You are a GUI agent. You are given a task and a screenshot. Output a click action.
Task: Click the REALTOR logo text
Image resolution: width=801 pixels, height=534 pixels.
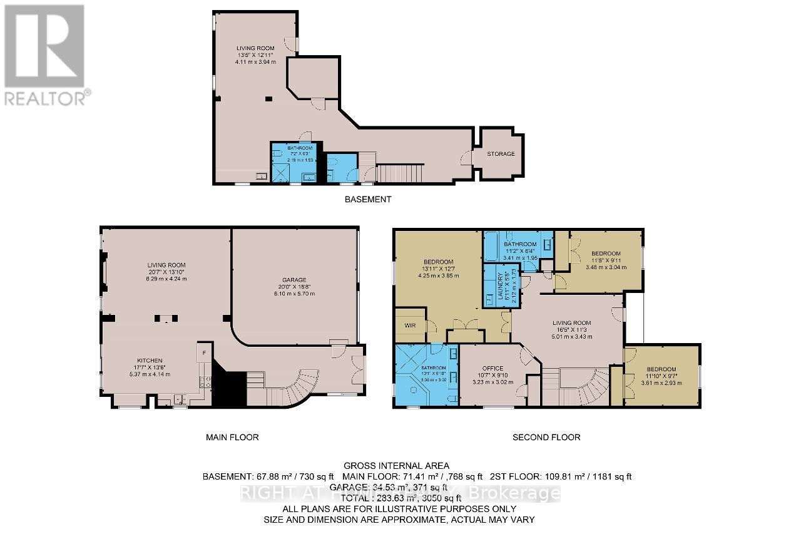(45, 98)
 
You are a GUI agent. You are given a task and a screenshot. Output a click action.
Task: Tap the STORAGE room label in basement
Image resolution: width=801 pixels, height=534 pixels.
(501, 154)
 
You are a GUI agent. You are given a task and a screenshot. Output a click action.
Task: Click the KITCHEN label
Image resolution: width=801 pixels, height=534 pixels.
(150, 361)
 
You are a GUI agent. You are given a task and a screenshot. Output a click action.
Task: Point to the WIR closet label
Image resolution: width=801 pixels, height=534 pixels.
(410, 326)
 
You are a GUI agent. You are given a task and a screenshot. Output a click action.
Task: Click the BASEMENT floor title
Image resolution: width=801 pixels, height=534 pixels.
(368, 200)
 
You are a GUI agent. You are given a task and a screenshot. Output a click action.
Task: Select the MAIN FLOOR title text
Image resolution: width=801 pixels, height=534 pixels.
(232, 437)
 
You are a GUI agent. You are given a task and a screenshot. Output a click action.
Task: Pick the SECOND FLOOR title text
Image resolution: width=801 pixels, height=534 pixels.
(546, 437)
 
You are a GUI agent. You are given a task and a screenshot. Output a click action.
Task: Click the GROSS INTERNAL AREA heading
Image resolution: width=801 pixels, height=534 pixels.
(395, 465)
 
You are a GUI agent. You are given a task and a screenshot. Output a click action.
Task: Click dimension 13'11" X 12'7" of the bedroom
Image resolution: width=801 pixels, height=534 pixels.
(438, 269)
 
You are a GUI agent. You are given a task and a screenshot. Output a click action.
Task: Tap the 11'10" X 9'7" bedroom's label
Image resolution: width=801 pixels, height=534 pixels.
(660, 369)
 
